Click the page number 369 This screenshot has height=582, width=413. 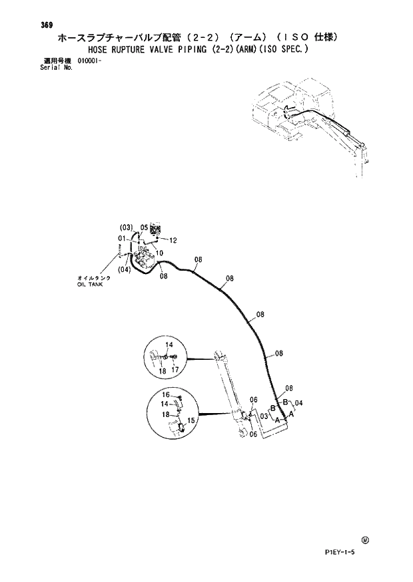46,25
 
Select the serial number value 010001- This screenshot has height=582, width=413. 89,61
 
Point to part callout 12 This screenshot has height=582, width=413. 173,240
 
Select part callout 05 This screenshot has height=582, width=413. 144,227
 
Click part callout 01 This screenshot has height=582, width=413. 123,238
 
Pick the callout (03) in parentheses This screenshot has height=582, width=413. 127,227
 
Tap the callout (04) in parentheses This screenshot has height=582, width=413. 125,270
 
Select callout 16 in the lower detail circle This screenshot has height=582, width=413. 167,394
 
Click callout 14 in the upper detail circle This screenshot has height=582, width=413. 169,345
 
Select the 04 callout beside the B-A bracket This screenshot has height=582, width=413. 299,403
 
